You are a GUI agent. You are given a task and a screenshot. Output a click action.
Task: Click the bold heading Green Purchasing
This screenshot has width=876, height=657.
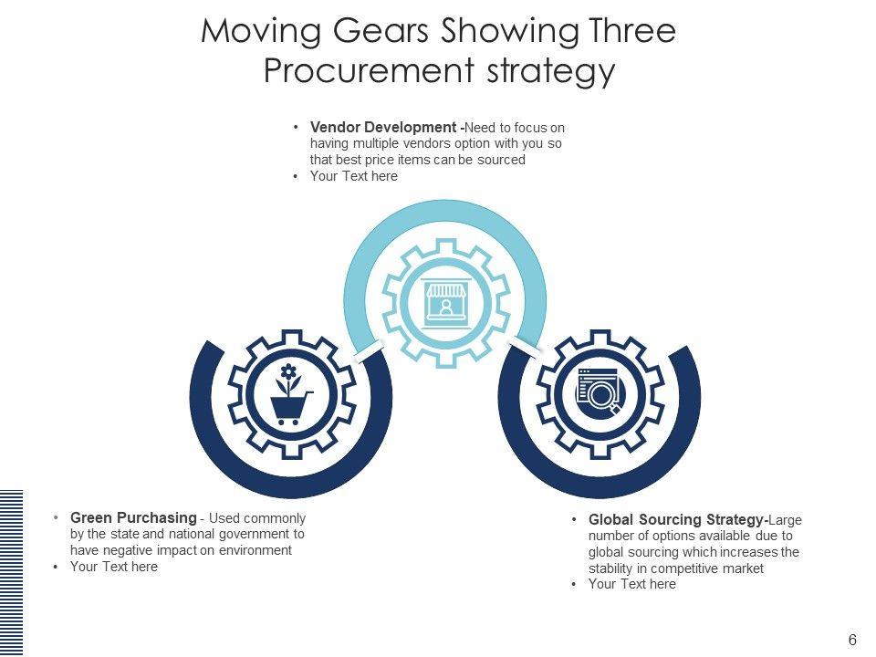(133, 518)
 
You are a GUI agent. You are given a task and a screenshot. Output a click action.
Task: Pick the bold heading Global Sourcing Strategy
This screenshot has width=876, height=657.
(676, 519)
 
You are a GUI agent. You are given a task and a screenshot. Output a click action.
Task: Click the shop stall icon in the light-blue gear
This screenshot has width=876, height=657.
(445, 300)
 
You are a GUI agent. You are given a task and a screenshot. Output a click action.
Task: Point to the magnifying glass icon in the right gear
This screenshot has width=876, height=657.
(602, 396)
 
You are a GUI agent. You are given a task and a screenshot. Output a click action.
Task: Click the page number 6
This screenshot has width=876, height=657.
(852, 640)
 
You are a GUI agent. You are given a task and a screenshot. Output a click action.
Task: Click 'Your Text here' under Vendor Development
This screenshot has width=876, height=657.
(353, 176)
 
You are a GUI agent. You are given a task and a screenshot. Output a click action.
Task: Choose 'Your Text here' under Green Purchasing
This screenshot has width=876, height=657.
(113, 567)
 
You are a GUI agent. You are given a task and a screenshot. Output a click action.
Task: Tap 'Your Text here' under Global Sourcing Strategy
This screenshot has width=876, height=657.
(631, 584)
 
